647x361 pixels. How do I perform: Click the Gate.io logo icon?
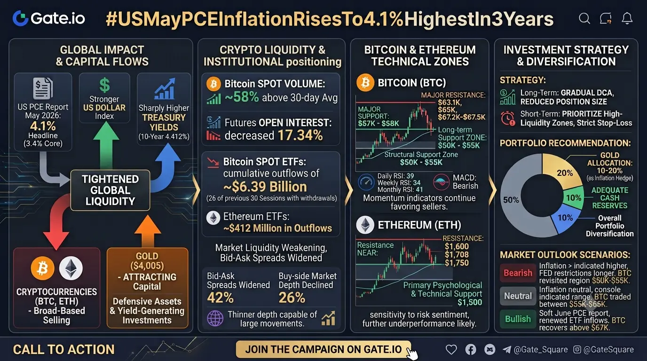[20, 18]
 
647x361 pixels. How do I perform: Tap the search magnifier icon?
[584, 18]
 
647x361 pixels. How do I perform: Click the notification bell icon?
[627, 18]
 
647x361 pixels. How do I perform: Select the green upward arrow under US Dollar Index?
[106, 145]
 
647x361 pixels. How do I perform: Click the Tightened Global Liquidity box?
[110, 190]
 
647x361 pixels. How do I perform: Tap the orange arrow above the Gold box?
[148, 231]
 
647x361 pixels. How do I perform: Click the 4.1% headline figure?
[43, 126]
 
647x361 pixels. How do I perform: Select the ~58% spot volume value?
[242, 97]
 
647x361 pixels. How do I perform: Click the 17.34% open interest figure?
[300, 135]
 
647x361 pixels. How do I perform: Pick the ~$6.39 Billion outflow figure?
[265, 187]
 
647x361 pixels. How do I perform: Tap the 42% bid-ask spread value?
[220, 298]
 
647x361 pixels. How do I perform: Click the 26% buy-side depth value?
[292, 298]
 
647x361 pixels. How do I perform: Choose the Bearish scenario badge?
[518, 273]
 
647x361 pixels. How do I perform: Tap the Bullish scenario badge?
[518, 319]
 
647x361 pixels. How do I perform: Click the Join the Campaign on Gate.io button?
[323, 349]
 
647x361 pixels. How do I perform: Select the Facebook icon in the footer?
[471, 350]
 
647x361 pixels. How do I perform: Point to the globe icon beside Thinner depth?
[215, 318]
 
